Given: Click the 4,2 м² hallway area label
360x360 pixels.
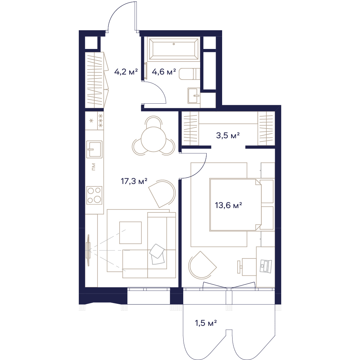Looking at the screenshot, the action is tap(126, 72).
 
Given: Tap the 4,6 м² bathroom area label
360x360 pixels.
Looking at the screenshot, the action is tap(164, 72).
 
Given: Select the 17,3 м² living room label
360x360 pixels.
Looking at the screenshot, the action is tap(134, 181).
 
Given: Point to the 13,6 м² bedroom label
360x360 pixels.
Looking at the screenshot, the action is tap(228, 205).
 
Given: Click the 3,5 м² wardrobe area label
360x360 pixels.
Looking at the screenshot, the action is tap(228, 135).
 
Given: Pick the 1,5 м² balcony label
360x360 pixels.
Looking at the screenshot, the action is tap(206, 323).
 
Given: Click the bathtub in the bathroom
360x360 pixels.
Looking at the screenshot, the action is tap(174, 49).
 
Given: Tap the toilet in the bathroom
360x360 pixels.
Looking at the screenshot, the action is tap(189, 74).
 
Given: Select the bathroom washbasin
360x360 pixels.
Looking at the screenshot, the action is tap(194, 95).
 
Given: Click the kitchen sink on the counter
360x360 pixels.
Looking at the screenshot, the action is tap(94, 149).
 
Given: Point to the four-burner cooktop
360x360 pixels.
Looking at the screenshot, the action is tap(94, 195).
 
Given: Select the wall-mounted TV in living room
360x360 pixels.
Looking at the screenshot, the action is tap(88, 250).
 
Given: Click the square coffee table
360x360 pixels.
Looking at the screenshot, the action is tap(130, 233).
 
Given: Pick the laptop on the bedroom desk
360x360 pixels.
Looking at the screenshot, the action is tap(266, 266).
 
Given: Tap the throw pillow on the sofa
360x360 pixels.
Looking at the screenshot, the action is tap(157, 254).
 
